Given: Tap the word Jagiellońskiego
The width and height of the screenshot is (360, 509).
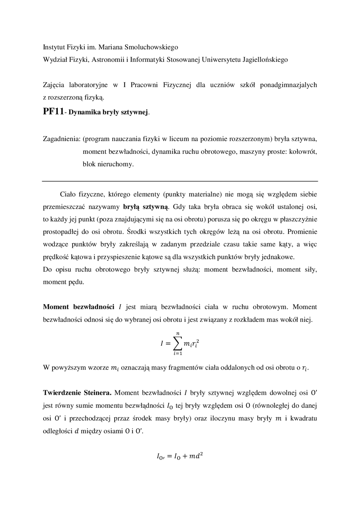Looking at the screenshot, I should tap(265, 60).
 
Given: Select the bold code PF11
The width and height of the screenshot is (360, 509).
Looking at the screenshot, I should tap(53, 112).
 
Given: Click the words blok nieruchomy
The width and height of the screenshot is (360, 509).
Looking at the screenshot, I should tap(108, 164).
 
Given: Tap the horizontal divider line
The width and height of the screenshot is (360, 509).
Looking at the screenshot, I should tap(180, 181).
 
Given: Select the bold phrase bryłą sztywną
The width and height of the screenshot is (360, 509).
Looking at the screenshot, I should tap(146, 207).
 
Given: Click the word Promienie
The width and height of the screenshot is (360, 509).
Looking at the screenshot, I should tap(302, 232).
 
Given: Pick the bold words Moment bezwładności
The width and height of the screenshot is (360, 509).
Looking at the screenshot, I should tap(78, 307).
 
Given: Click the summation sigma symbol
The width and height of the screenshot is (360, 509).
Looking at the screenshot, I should tap(177, 343).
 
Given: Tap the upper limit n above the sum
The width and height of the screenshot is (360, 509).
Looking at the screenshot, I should tap(178, 333).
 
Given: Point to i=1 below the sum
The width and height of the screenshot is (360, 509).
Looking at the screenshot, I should tap(178, 354).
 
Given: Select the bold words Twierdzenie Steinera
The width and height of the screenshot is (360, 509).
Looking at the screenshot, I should tap(77, 393).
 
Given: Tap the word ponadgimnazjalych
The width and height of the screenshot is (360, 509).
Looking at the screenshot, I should tap(288, 85).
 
